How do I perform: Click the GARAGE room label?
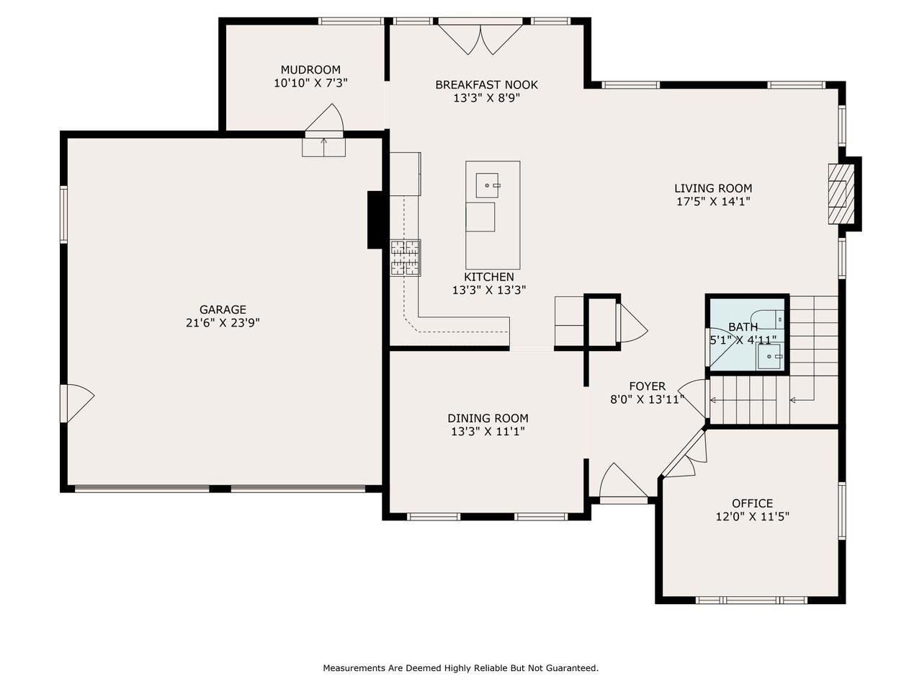[x=223, y=310]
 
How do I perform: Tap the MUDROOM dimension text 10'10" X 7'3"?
[x=310, y=83]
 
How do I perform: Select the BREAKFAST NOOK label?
[x=486, y=85]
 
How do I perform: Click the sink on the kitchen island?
[x=487, y=185]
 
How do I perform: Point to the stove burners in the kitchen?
[x=406, y=257]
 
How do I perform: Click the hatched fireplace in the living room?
[x=841, y=194]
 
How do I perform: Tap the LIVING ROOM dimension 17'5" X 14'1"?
[x=713, y=202]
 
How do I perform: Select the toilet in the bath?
[x=767, y=320]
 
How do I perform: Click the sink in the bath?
[x=769, y=356]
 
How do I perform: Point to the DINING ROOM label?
[x=488, y=418]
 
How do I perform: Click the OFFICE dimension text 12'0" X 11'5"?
[x=753, y=516]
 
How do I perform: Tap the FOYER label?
[x=648, y=386]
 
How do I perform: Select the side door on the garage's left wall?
[x=78, y=403]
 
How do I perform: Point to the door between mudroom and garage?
[x=324, y=120]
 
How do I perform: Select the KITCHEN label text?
[x=489, y=277]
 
